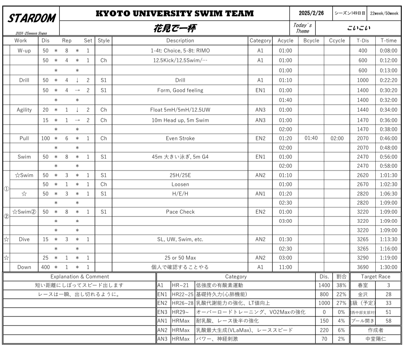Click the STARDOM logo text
[31, 18]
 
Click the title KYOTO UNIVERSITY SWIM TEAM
[175, 14]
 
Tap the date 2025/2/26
[311, 13]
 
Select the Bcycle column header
[311, 40]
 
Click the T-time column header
[388, 40]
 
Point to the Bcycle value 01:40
[311, 138]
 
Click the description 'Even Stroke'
[180, 138]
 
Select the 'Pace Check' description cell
[180, 212]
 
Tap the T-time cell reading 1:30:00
[388, 267]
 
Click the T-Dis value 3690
[362, 267]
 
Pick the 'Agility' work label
[24, 110]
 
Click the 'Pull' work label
[24, 138]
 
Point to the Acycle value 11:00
[285, 267]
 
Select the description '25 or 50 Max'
[180, 258]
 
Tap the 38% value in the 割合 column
[342, 285]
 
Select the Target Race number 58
[388, 321]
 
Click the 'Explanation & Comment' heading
[80, 276]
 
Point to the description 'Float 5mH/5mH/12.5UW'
[180, 110]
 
